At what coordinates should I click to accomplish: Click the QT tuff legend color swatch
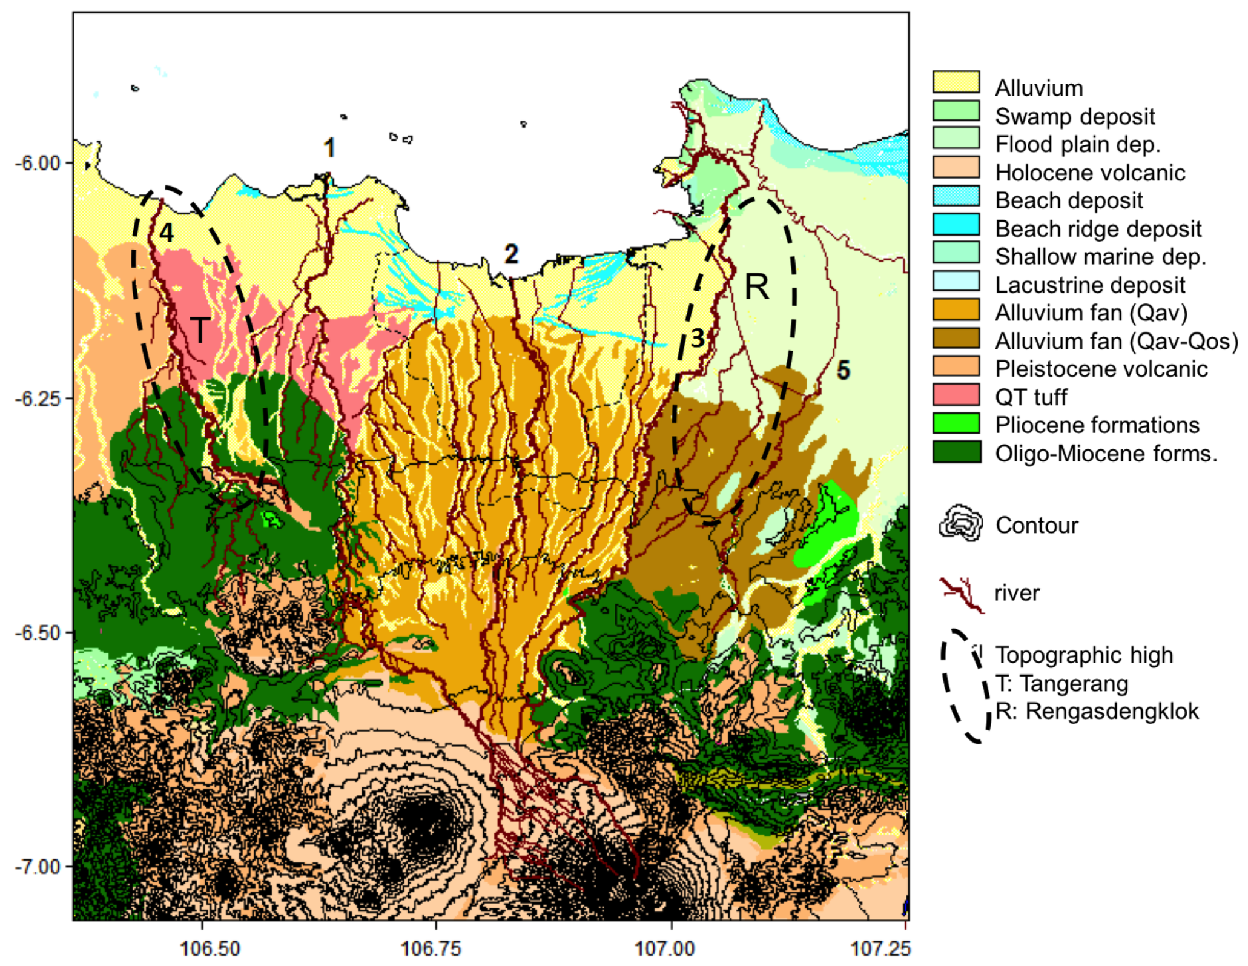coord(956,395)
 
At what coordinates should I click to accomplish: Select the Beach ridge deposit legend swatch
coord(956,225)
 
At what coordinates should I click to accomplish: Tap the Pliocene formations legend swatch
coord(956,423)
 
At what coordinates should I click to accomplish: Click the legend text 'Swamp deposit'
coord(1074,116)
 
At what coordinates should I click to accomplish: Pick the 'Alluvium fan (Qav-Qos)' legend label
coord(1116,342)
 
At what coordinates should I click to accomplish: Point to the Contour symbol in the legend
coord(960,523)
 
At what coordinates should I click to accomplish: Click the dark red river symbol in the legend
coord(962,594)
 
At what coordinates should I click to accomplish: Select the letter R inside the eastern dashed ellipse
coord(756,286)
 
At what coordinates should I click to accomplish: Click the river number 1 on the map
coord(329,148)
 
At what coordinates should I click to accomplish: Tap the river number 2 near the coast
coord(511,254)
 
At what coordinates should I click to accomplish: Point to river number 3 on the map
coord(698,338)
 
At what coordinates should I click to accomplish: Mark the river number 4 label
coord(167,233)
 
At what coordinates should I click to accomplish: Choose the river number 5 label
coord(843,370)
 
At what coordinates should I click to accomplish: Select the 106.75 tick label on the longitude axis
coord(431,948)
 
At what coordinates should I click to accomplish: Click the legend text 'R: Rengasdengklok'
coord(1096,712)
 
